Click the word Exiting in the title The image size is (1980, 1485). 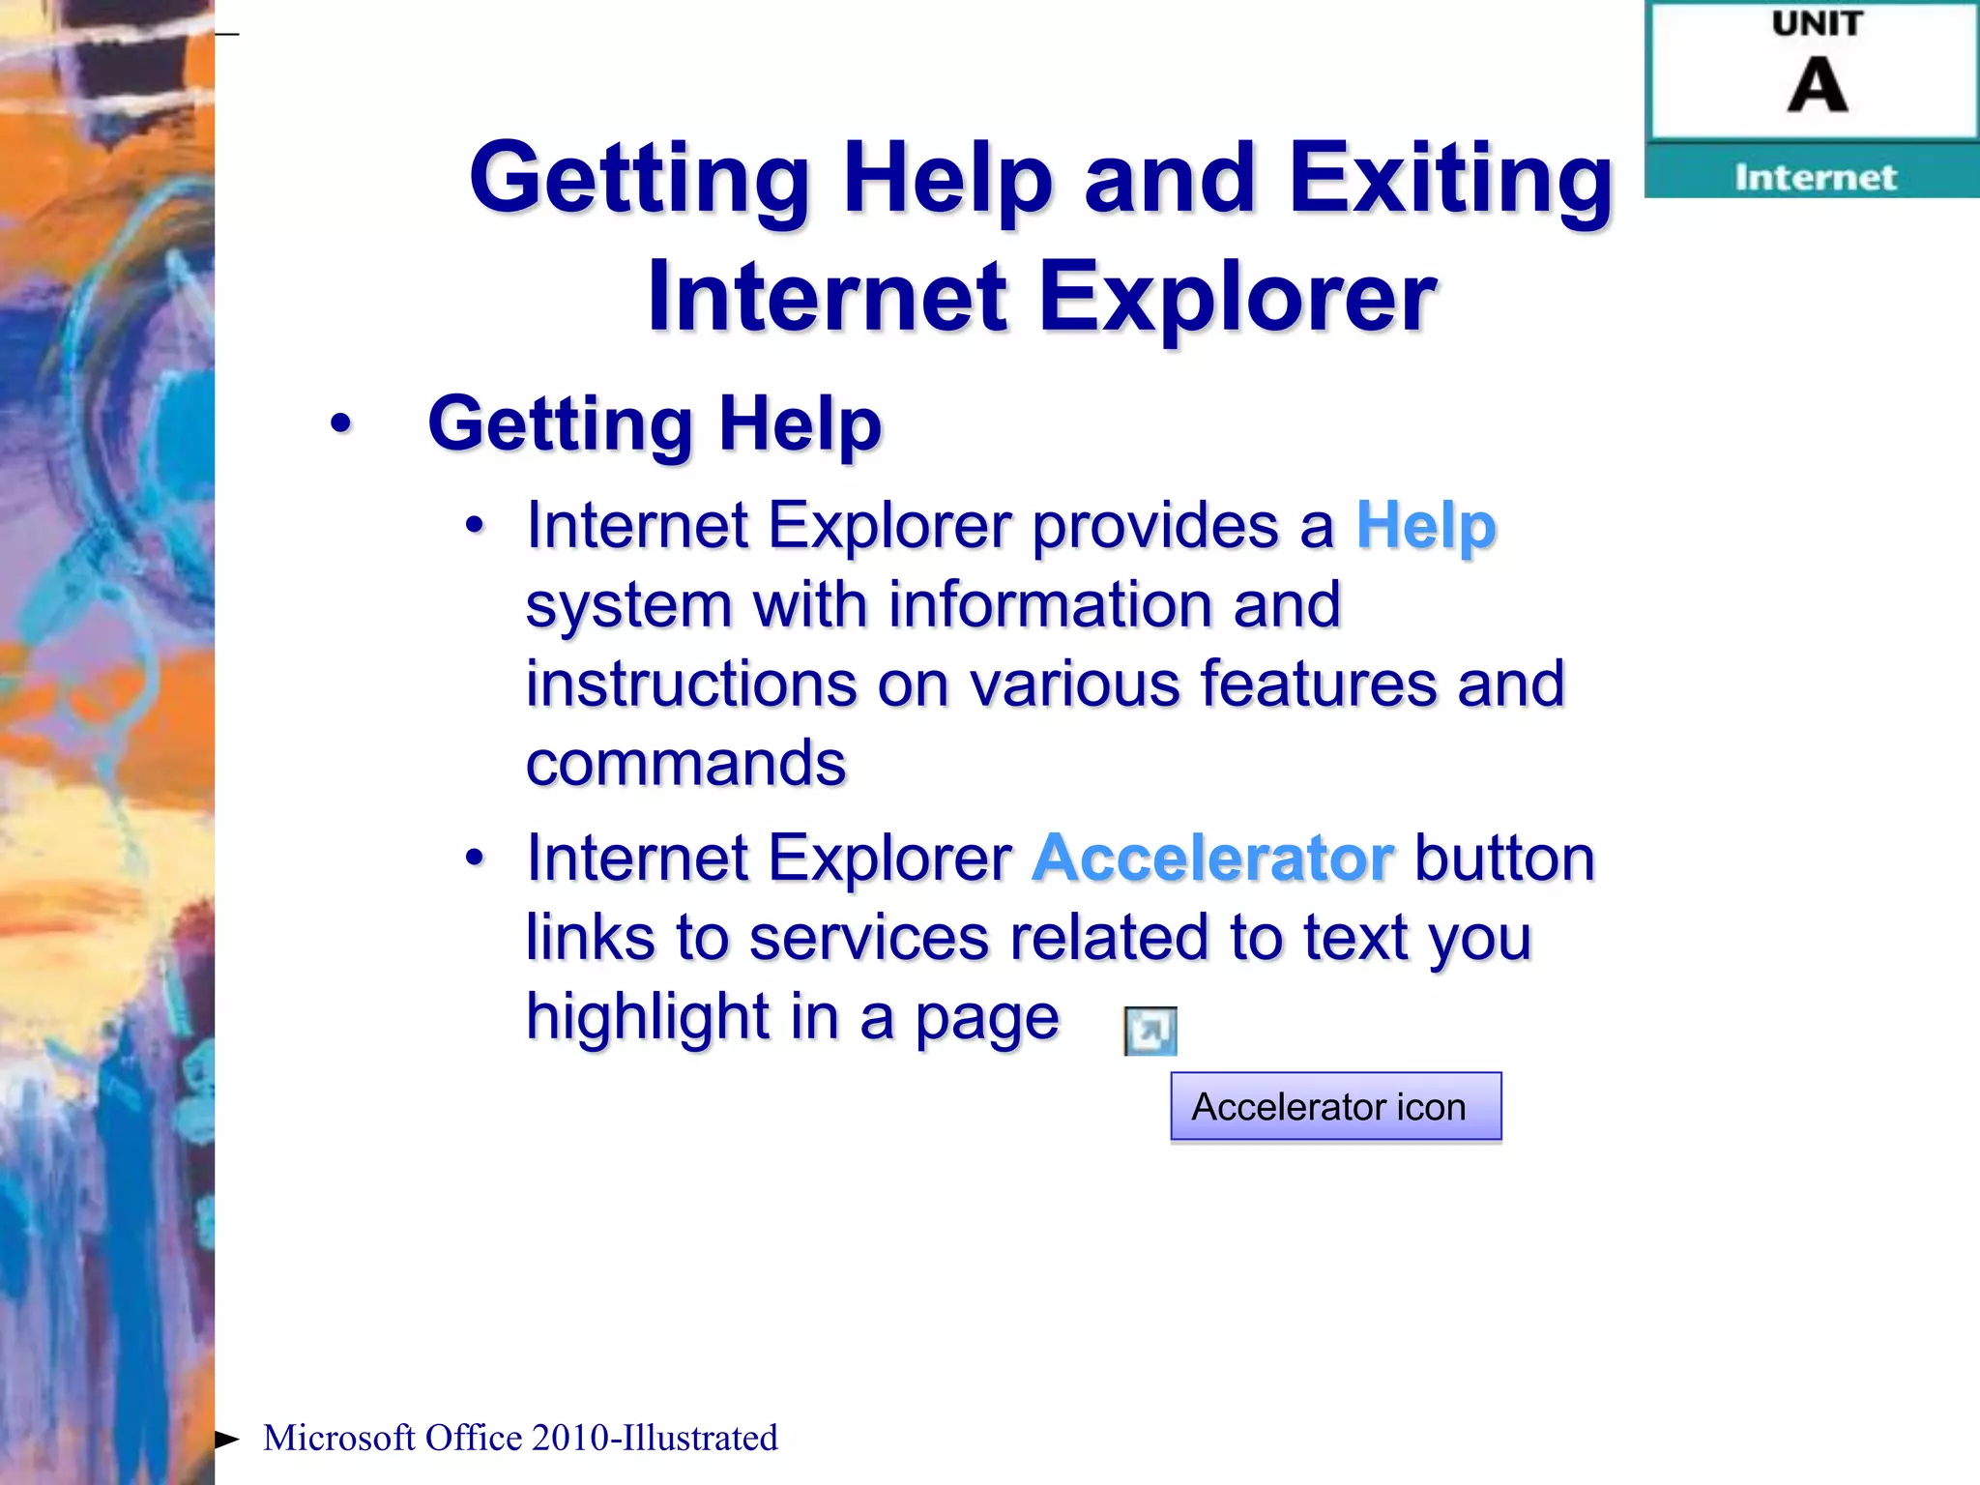pyautogui.click(x=1450, y=179)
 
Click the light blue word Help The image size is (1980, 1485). pyautogui.click(x=1426, y=527)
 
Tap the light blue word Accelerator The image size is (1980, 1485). pyautogui.click(x=1212, y=859)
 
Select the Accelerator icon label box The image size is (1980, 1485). pyautogui.click(x=1335, y=1107)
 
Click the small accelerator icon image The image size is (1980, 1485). pyautogui.click(x=1150, y=1031)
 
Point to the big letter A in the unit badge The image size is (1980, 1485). pyautogui.click(x=1817, y=85)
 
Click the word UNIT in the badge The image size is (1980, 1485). pyautogui.click(x=1817, y=24)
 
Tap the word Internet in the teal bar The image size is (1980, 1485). pyautogui.click(x=1815, y=178)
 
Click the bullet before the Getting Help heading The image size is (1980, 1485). pyautogui.click(x=340, y=423)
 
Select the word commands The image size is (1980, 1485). pyautogui.click(x=685, y=764)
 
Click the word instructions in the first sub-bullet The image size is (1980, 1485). pyautogui.click(x=690, y=684)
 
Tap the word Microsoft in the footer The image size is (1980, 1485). pyautogui.click(x=338, y=1438)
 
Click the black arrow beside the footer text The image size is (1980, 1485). pyautogui.click(x=227, y=1439)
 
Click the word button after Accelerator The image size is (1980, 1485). pyautogui.click(x=1503, y=859)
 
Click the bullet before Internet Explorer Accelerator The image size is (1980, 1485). pyautogui.click(x=474, y=858)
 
